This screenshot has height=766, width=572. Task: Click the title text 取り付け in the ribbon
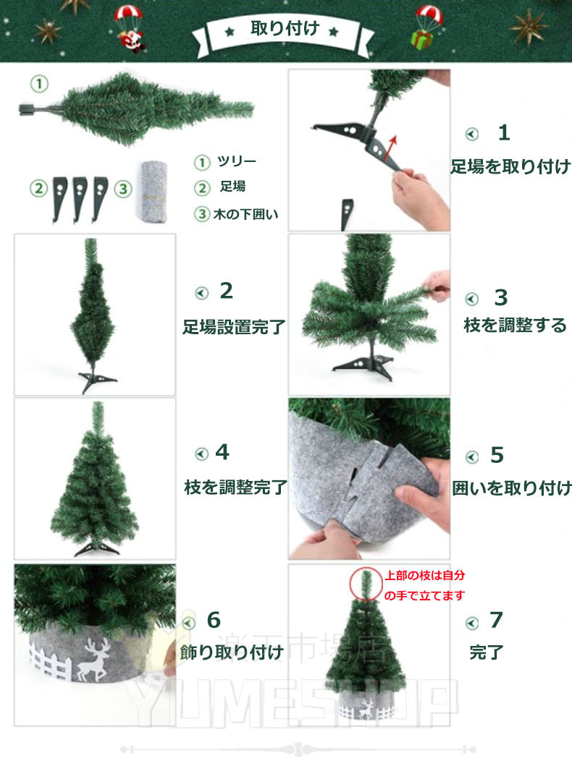point(285,28)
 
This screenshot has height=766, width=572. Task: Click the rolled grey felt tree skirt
point(153,192)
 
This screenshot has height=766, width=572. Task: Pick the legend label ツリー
point(237,161)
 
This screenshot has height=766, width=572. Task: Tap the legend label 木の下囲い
point(245,214)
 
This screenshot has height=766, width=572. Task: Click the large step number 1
point(503,133)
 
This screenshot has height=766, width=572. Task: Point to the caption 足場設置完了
point(234,327)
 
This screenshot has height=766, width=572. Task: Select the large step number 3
point(501,297)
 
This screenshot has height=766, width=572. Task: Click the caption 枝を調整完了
point(235,487)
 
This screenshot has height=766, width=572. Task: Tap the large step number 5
point(497,455)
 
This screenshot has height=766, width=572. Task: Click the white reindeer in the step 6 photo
point(93,660)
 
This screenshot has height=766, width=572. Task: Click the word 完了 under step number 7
point(487,652)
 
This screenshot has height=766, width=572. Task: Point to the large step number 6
point(214,621)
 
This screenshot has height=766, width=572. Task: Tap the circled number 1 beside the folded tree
point(40,83)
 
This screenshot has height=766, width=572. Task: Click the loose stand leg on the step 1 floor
point(347,214)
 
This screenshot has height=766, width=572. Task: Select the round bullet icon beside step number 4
point(201,454)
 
